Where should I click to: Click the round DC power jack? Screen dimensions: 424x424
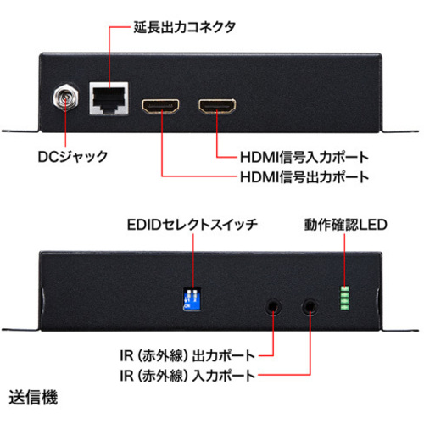tap(66, 98)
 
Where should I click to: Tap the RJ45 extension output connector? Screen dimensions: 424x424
tap(109, 98)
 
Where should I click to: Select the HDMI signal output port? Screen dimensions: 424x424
tap(160, 106)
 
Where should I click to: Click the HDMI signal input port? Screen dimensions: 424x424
tap(217, 106)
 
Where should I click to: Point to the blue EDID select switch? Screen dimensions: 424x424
tap(192, 298)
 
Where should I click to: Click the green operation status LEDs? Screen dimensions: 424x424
tap(345, 298)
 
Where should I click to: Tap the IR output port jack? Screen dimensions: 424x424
tap(273, 307)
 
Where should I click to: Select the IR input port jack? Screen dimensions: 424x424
tap(310, 307)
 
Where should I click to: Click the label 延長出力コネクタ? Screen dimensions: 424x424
tap(185, 27)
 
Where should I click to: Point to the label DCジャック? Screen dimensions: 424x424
tap(73, 157)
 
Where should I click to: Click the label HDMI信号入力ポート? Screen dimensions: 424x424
tap(304, 157)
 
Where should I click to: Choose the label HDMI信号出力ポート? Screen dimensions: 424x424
tap(304, 177)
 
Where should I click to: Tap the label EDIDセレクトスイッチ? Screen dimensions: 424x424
tap(192, 225)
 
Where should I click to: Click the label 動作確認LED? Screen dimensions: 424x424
tap(345, 225)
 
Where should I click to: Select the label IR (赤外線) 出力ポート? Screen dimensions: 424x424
tap(187, 355)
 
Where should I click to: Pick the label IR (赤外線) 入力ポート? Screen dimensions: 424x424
tap(187, 376)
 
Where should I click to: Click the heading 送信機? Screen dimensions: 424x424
tap(33, 398)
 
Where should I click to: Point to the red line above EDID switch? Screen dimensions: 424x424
tap(193, 261)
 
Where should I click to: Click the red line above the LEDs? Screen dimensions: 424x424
tap(344, 260)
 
